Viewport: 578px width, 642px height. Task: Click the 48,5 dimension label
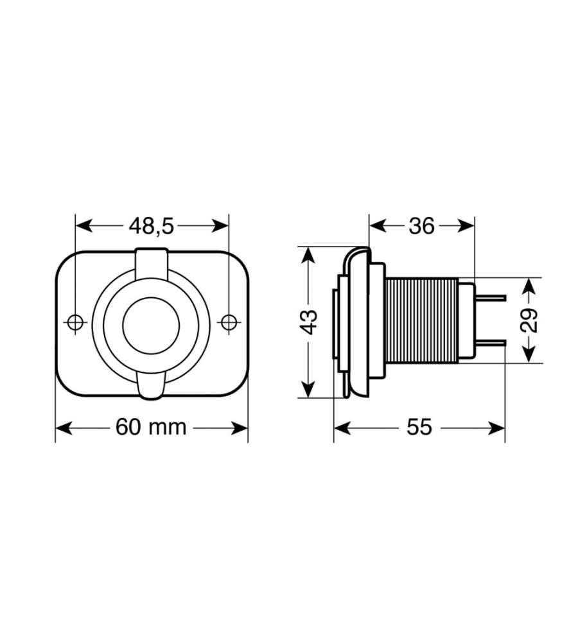pyautogui.click(x=152, y=226)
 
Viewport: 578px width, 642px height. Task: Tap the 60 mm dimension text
pyautogui.click(x=151, y=427)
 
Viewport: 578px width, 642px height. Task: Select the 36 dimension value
pyautogui.click(x=421, y=226)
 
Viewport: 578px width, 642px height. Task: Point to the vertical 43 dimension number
pyautogui.click(x=310, y=322)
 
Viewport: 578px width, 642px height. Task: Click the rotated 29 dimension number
pyautogui.click(x=529, y=320)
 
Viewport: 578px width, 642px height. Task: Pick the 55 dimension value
pyautogui.click(x=419, y=427)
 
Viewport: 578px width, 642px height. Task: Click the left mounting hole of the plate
pyautogui.click(x=75, y=322)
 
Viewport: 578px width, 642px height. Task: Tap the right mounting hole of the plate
pyautogui.click(x=229, y=322)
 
